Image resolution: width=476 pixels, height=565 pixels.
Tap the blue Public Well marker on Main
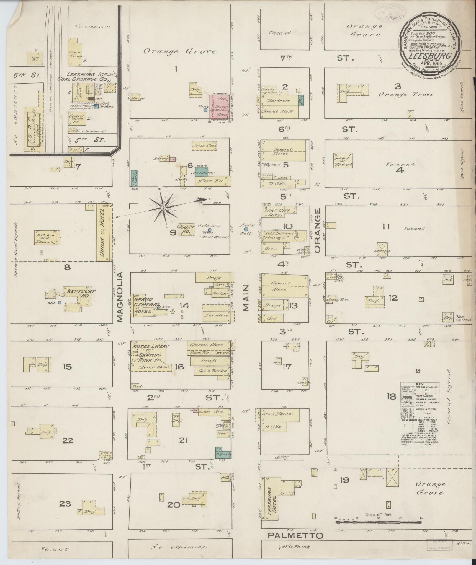pyautogui.click(x=246, y=229)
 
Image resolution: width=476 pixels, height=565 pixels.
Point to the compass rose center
pyautogui.click(x=163, y=208)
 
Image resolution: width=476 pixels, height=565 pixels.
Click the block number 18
pyautogui.click(x=392, y=396)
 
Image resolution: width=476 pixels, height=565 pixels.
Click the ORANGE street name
pyautogui.click(x=317, y=231)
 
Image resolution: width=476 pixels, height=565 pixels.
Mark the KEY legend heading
pyautogui.click(x=419, y=384)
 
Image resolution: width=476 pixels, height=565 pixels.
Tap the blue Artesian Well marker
pyautogui.click(x=210, y=229)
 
